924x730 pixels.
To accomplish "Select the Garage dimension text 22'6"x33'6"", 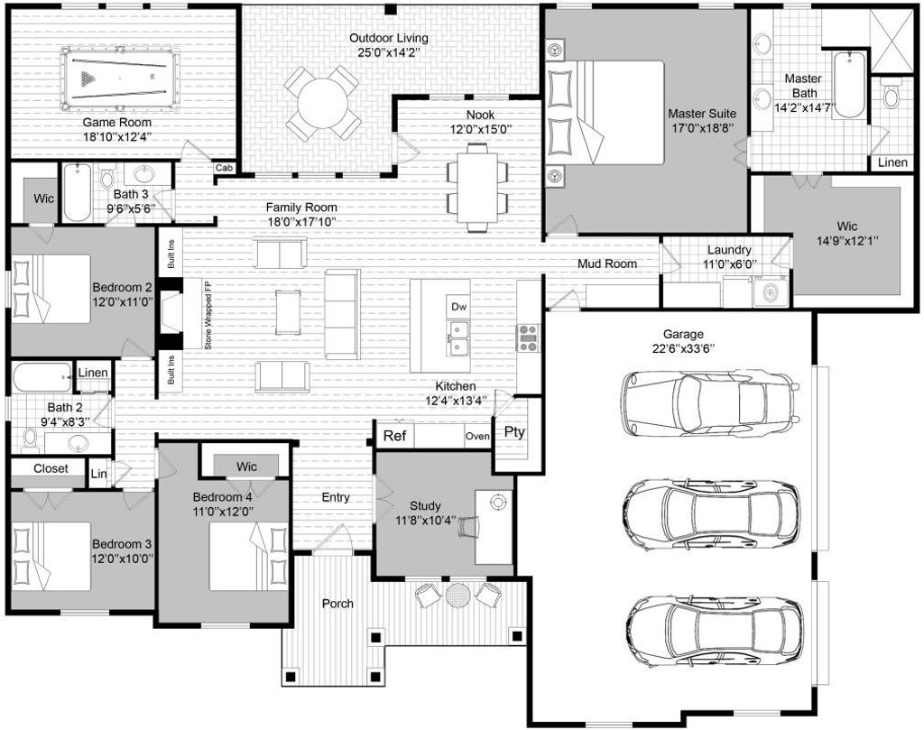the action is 683,347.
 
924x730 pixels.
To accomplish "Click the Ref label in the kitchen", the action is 394,436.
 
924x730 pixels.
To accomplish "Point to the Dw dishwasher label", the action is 458,307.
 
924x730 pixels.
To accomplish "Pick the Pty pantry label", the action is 513,432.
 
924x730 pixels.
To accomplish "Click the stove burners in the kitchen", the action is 528,337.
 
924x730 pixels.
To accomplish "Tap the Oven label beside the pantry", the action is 477,436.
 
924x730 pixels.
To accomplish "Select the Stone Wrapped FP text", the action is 208,316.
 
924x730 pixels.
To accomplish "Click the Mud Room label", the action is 607,263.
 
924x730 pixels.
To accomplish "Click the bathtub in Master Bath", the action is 849,85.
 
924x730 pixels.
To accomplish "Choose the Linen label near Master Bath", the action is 892,162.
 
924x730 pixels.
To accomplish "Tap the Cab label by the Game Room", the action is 224,168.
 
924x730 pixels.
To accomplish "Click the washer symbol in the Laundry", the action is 770,291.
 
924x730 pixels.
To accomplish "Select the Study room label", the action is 425,505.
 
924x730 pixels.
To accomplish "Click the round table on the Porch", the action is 457,595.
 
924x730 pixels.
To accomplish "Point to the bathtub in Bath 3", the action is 78,192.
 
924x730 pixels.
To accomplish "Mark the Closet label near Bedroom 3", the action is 51,468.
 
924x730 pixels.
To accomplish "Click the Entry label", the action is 336,497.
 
